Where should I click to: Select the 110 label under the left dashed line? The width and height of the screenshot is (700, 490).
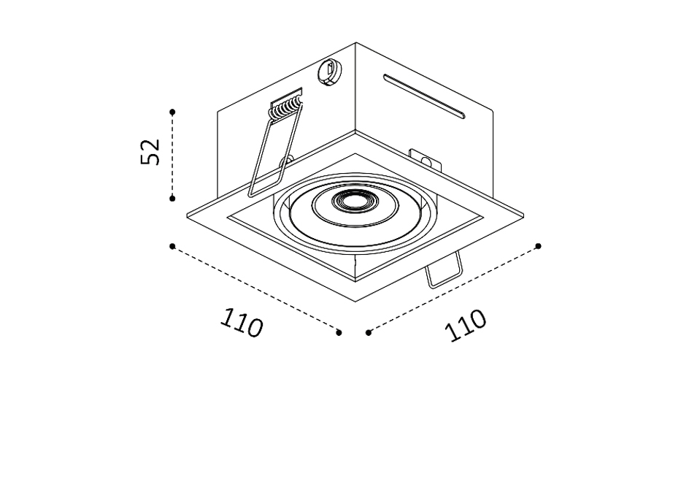pos(242,323)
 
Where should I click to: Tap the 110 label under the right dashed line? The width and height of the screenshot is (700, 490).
pos(465,325)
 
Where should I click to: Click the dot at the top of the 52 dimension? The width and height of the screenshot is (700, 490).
pos(173,112)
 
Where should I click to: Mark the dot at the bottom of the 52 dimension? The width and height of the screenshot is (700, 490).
pos(173,199)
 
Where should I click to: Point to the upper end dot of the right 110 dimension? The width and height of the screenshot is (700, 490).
pos(539,246)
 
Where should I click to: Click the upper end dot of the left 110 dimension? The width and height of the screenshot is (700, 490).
pos(172,246)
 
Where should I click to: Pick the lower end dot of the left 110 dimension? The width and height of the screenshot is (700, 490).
pos(339,332)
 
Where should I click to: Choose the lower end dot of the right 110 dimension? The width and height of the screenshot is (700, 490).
pos(369,332)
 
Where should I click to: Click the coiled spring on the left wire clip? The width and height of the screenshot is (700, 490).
pos(286,108)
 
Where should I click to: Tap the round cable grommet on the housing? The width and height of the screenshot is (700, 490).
pos(331,71)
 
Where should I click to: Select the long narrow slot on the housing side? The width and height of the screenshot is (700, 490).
pos(424,96)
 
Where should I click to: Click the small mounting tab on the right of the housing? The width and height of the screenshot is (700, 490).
pos(425,161)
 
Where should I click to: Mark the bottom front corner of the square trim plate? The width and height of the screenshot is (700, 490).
pos(355,302)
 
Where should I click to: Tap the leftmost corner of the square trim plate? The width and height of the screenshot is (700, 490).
pos(187,216)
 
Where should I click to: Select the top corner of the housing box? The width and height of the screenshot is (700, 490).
pos(355,42)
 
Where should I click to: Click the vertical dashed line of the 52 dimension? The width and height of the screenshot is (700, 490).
pos(173,155)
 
